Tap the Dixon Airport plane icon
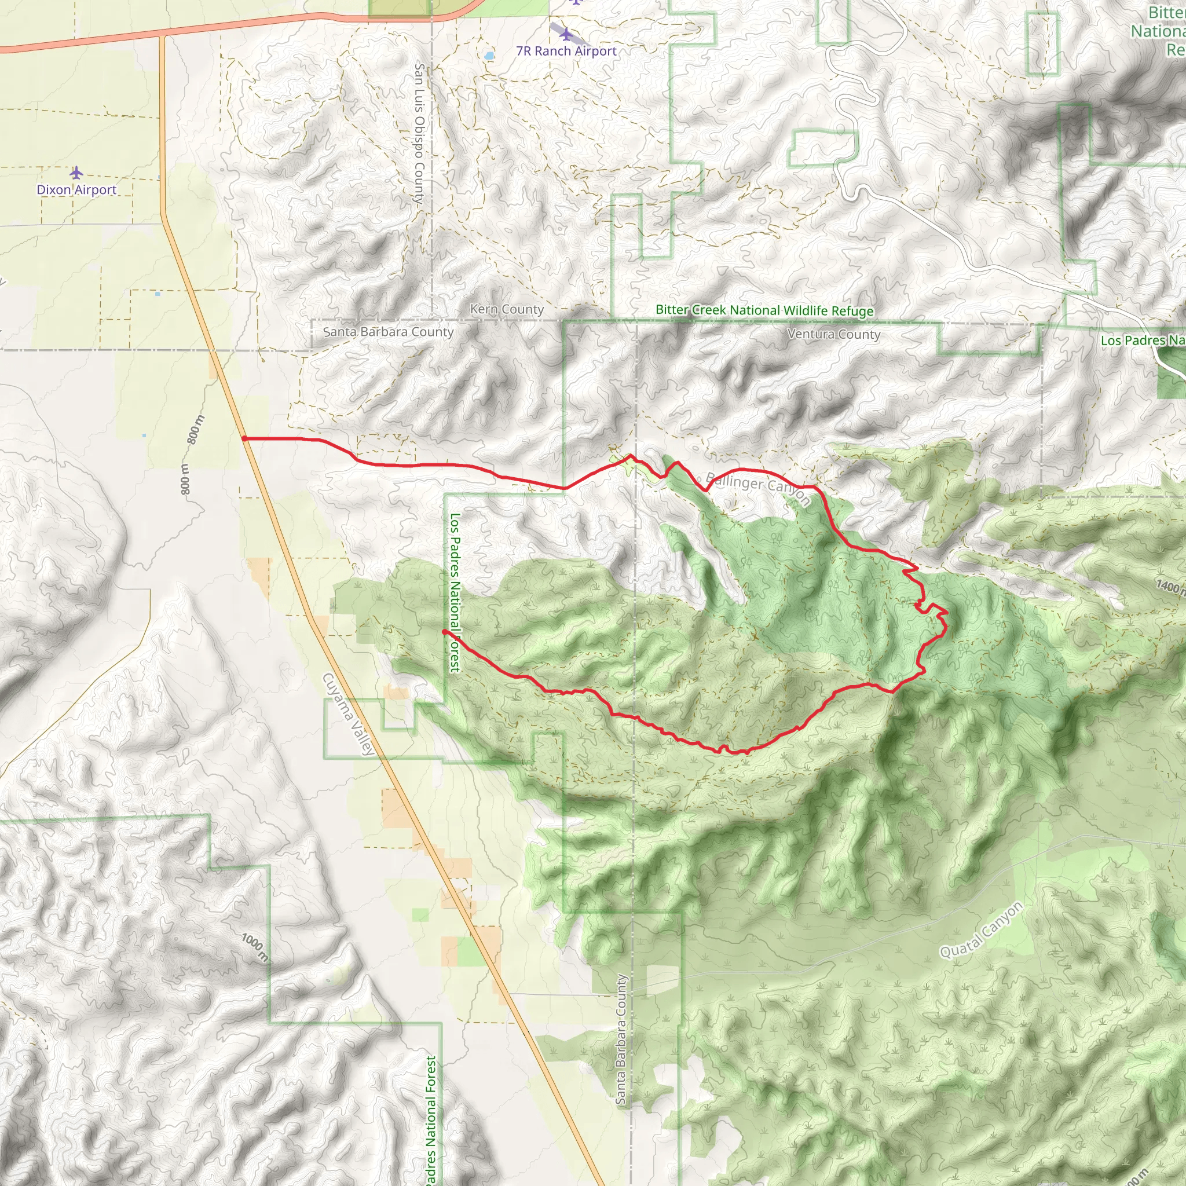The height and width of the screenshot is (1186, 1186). click(76, 173)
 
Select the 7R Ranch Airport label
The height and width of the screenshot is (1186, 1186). click(566, 51)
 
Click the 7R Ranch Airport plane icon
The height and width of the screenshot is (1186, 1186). click(566, 34)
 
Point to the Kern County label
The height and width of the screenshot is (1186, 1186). click(507, 309)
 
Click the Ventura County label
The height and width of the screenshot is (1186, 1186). click(834, 335)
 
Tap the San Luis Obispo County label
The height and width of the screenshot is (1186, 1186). click(419, 133)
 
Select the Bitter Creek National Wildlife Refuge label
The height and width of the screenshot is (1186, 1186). click(764, 310)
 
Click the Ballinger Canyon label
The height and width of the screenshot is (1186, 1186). click(758, 488)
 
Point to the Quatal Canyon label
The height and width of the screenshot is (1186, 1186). click(982, 930)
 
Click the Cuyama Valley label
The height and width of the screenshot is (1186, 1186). click(348, 714)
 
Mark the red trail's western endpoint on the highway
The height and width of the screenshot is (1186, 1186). click(244, 438)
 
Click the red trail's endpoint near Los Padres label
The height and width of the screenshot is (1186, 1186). click(444, 631)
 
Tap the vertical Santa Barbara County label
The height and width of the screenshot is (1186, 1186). click(621, 1039)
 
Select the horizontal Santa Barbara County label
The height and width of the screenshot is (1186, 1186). click(388, 332)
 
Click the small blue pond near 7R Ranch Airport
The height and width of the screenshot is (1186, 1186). click(489, 56)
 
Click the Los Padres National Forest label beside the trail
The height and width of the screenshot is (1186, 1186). click(455, 592)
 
